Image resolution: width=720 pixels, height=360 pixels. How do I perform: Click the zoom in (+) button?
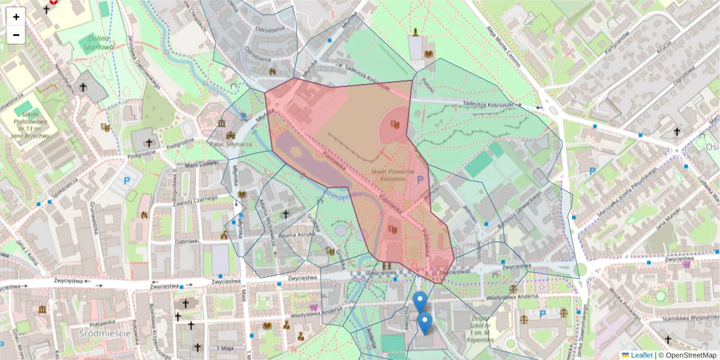click(x=16, y=17)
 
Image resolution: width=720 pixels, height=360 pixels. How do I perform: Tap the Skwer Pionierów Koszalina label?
click(x=392, y=175)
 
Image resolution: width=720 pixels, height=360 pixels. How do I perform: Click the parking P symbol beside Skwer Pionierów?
click(x=420, y=179)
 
